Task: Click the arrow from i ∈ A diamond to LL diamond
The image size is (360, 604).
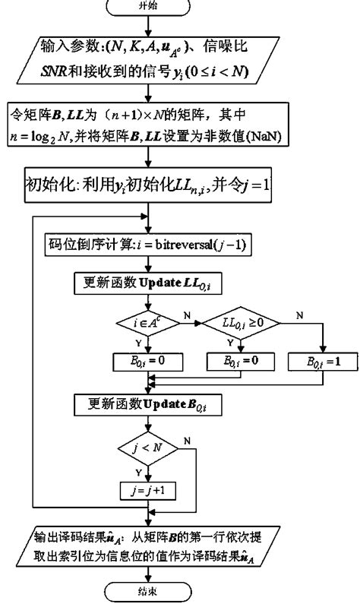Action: point(191,324)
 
